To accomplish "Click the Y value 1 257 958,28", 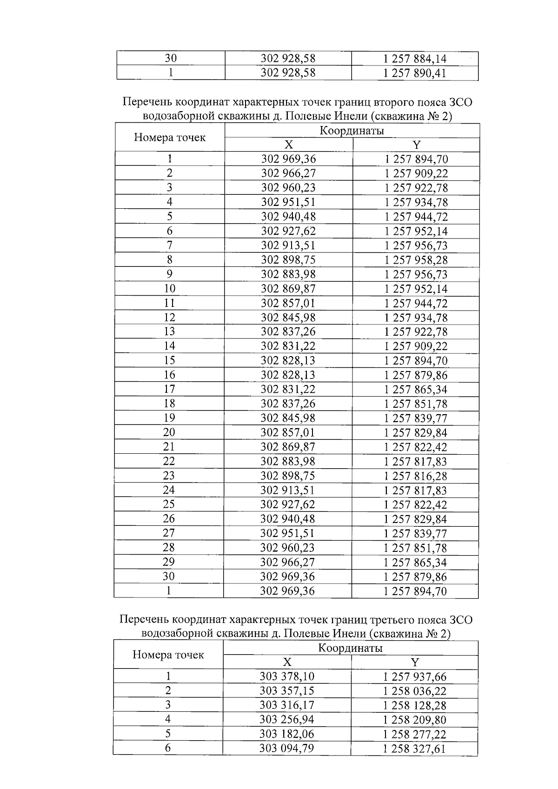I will click(416, 260).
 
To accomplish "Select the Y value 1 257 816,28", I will click(416, 476).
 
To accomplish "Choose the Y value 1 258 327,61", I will click(415, 749).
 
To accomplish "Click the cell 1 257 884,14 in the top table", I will click(415, 59).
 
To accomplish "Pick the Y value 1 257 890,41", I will click(415, 73).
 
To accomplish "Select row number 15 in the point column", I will click(169, 360).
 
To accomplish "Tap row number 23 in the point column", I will click(169, 476).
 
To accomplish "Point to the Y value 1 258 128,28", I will click(415, 705).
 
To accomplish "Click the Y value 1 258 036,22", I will click(415, 691).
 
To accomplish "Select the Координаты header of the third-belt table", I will click(350, 648).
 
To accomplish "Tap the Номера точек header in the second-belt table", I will click(170, 138).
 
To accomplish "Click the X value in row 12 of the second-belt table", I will click(288, 318).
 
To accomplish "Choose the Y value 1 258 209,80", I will click(415, 720).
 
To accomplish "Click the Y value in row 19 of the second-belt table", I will click(416, 418).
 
